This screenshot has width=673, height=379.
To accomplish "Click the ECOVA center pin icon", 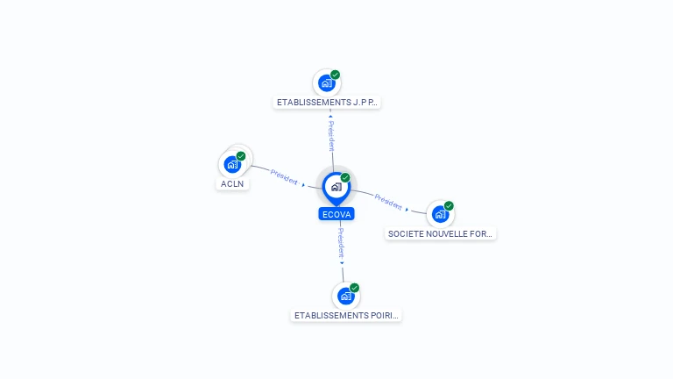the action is [336, 189].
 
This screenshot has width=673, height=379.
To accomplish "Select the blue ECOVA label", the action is [336, 214].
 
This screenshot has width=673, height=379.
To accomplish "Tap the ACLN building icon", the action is [232, 164].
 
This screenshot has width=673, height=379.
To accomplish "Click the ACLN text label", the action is [232, 184].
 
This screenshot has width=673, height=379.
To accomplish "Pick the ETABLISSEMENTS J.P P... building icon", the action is [327, 83].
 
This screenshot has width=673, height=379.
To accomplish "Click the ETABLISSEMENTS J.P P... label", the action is [327, 103].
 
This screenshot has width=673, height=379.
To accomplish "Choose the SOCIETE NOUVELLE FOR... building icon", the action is [441, 214].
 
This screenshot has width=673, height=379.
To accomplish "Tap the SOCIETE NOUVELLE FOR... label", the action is [441, 233].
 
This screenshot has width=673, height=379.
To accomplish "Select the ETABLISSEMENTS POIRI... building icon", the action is [345, 296].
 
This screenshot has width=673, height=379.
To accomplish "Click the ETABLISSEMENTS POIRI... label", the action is [346, 316].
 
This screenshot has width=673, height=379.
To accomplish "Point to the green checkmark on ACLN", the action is [241, 156].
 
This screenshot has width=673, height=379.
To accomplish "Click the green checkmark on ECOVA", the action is [345, 177].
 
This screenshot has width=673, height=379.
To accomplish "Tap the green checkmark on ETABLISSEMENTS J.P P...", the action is [336, 75].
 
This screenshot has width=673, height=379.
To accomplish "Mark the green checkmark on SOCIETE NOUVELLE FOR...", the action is [449, 206].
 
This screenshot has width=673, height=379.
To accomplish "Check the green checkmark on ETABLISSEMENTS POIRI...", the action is [354, 288].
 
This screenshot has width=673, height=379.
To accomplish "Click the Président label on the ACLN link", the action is [284, 176].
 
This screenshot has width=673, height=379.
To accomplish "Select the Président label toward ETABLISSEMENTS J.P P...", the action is [331, 136].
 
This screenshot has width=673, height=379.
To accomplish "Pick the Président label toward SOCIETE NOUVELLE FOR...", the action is [388, 202].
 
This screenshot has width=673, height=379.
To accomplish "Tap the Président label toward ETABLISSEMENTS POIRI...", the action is [341, 243].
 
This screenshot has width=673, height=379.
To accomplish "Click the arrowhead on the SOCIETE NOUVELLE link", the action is [407, 210].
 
